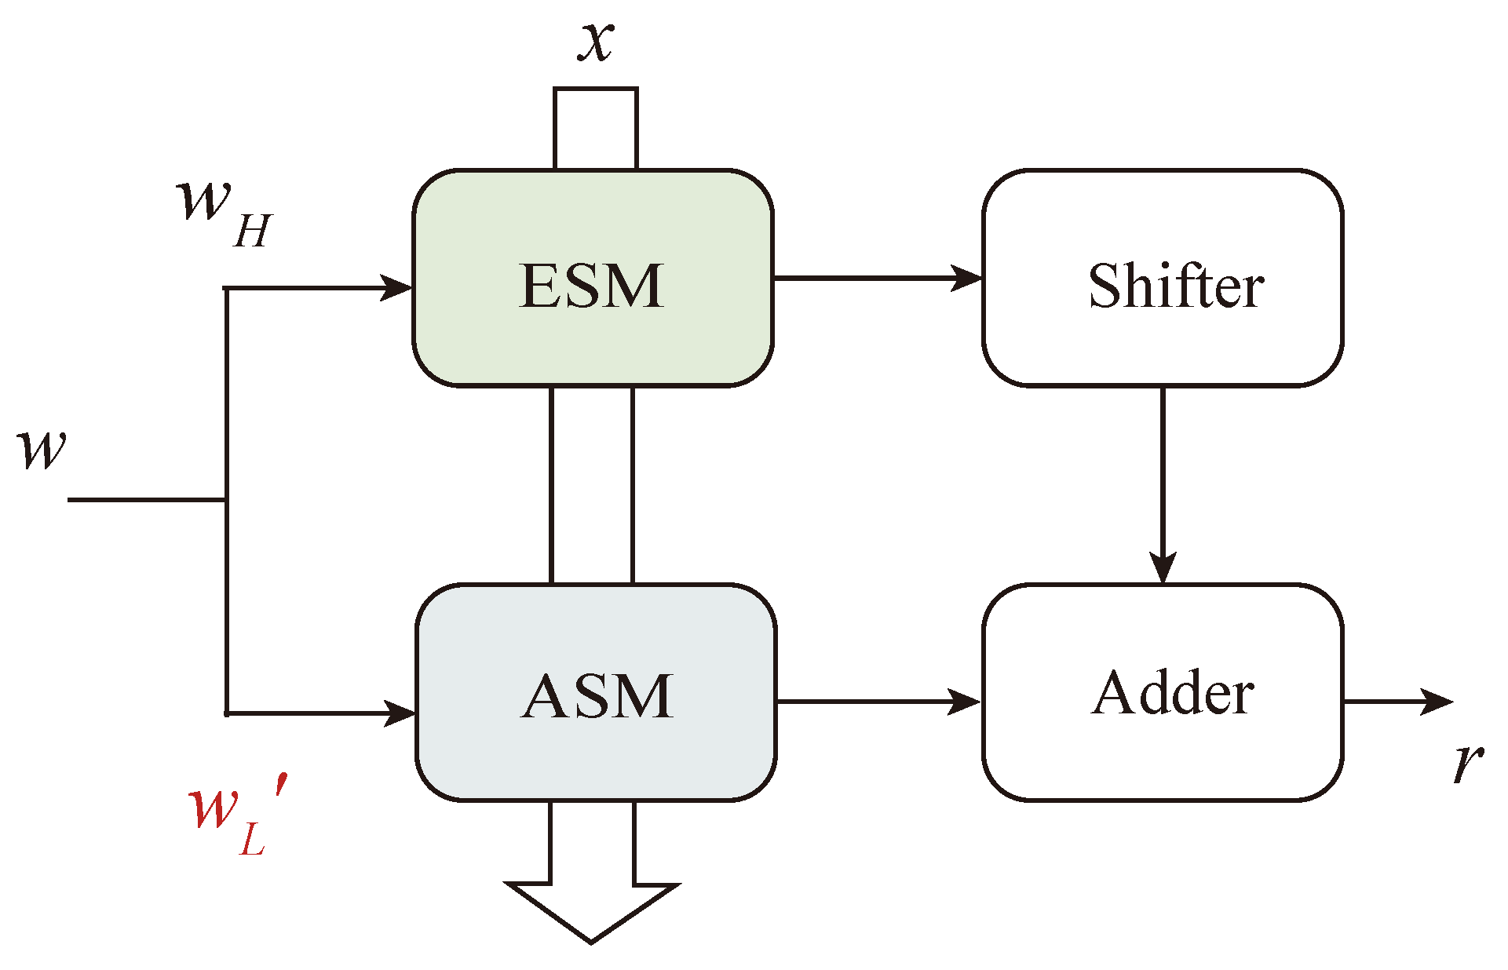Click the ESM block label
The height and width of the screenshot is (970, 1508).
(592, 286)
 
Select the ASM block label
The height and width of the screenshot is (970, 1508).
(597, 696)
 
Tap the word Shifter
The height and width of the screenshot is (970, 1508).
(1175, 286)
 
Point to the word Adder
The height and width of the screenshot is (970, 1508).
(1173, 694)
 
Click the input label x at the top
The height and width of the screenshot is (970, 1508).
(596, 41)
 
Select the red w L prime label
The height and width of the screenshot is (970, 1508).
(235, 816)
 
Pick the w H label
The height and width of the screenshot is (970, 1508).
(224, 212)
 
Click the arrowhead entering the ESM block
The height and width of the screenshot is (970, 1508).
(397, 287)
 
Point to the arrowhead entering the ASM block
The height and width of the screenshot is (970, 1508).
(400, 713)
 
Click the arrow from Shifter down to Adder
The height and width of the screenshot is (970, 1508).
(1163, 487)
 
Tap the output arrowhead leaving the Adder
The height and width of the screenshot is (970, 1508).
(1437, 702)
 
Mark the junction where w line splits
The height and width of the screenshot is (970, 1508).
(227, 500)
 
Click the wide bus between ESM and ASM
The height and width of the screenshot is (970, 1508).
(592, 485)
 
